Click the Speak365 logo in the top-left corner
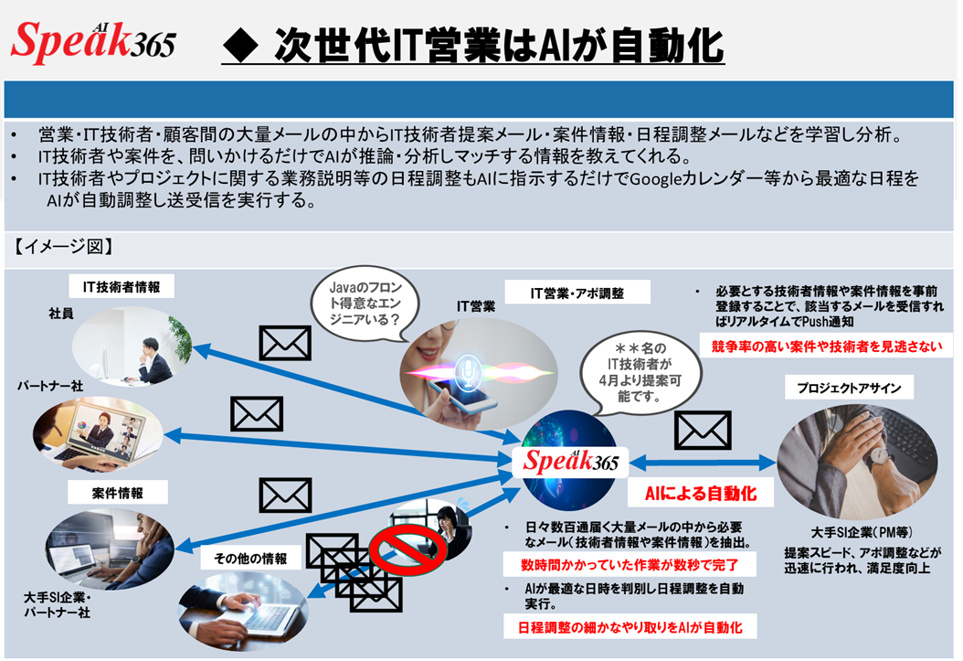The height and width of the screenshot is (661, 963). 92,39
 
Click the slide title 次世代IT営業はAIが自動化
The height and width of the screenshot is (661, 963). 472,45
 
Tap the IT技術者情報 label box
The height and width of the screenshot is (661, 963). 122,287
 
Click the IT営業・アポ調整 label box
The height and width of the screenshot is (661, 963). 577,293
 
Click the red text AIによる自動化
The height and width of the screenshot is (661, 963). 701,493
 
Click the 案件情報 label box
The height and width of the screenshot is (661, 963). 118,493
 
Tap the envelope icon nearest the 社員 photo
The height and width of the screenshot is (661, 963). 286,343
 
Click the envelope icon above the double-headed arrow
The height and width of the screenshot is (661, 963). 702,430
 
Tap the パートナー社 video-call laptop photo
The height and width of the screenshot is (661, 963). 99,433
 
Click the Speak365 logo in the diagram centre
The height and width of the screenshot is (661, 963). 571,461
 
